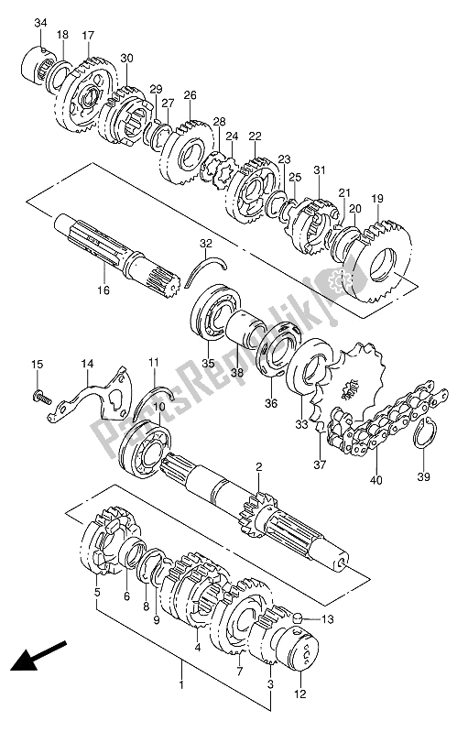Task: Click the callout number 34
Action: (x=40, y=22)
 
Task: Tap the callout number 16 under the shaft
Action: (x=103, y=290)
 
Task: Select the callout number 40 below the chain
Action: (x=375, y=479)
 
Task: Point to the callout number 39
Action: (x=424, y=476)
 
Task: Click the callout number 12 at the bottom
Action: (x=300, y=694)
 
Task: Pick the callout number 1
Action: (x=181, y=685)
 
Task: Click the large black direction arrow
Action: (x=38, y=655)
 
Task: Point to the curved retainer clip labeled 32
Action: (x=205, y=271)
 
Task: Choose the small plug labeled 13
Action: (x=297, y=619)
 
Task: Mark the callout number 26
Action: (x=190, y=95)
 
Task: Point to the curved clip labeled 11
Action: (x=154, y=399)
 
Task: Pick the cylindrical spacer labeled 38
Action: (x=245, y=328)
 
